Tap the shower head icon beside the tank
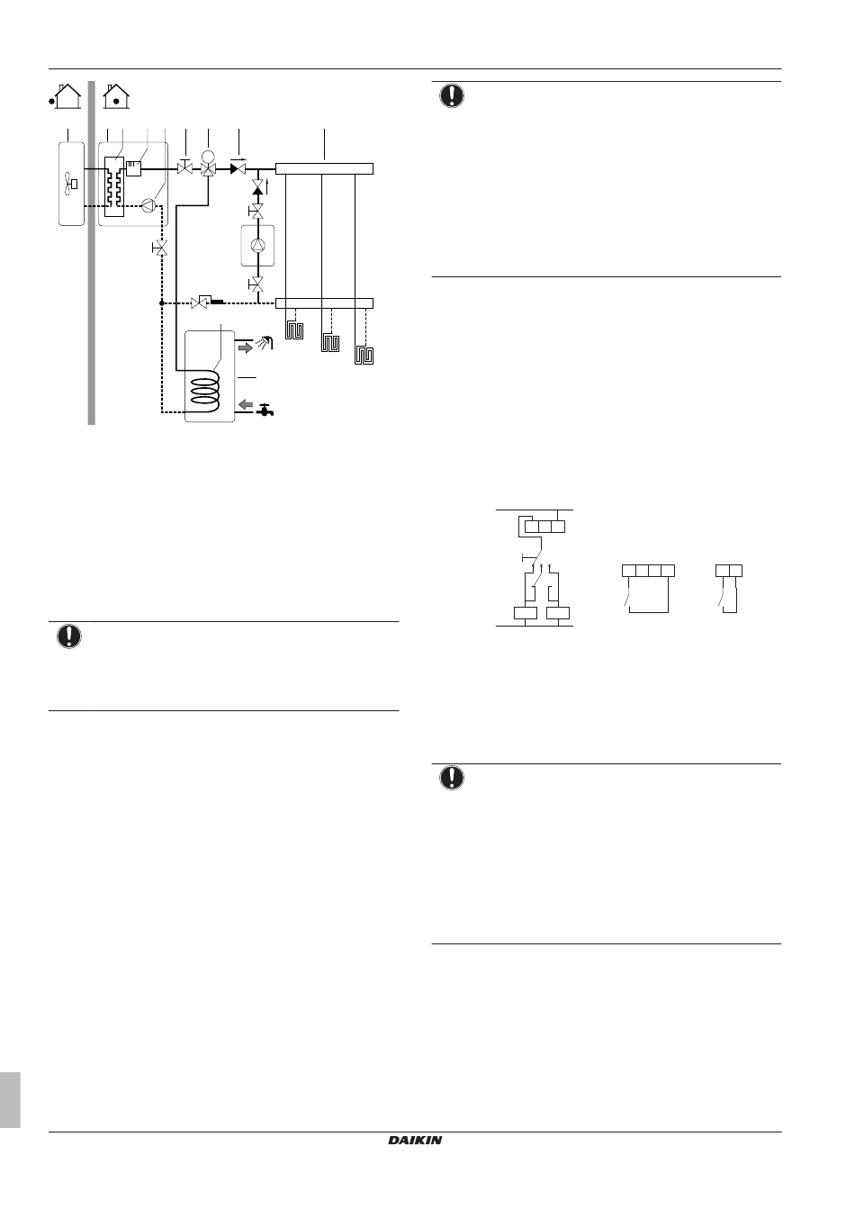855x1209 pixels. [x=265, y=342]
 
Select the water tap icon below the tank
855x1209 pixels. [x=265, y=411]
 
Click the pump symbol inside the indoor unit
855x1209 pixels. [x=148, y=205]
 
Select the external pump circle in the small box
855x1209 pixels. [x=257, y=246]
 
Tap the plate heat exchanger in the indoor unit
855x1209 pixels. [x=114, y=186]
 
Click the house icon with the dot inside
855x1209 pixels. [x=116, y=96]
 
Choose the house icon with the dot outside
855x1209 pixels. [x=66, y=96]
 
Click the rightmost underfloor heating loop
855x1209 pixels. [x=364, y=356]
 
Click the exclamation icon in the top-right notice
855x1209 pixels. [x=452, y=96]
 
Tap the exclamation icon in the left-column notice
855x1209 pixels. [x=69, y=636]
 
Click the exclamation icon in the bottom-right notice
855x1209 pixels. [x=452, y=778]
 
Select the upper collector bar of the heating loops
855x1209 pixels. [x=324, y=168]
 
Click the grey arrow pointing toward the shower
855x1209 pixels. [x=246, y=347]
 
